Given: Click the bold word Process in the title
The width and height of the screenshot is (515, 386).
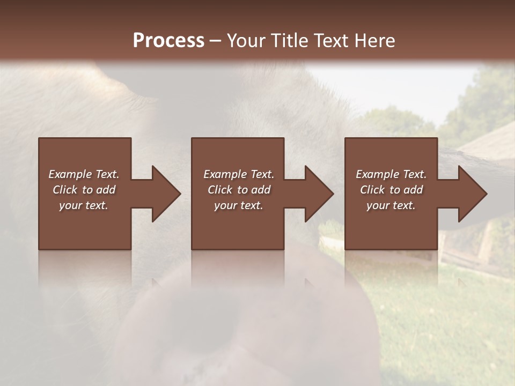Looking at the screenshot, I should [168, 41].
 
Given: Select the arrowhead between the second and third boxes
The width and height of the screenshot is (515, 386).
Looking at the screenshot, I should [319, 194].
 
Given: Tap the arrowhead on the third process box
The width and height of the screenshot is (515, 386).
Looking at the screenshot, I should [472, 194].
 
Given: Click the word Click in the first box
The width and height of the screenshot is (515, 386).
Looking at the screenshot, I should [65, 190].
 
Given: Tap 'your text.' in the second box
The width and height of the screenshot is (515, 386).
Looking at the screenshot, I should [238, 205].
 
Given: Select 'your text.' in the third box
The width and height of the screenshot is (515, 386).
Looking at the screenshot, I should [391, 205].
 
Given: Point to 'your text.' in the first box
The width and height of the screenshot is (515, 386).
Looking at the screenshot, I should [83, 205].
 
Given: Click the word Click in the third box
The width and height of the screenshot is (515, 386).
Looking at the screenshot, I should [373, 190].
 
